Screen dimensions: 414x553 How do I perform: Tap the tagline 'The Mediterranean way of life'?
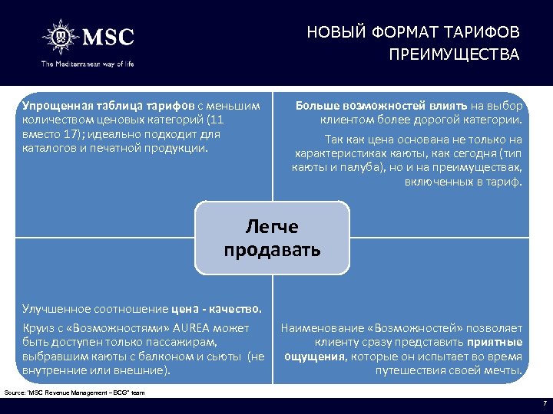88,64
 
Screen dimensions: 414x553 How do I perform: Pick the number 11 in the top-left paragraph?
216,120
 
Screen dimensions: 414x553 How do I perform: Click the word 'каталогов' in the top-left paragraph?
48,147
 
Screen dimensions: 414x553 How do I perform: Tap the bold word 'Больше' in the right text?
317,105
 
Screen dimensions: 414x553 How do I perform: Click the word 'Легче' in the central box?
272,227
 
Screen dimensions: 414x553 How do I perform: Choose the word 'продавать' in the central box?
272,250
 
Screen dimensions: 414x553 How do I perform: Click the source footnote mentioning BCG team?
75,393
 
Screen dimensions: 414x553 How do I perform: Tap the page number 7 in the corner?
544,403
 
